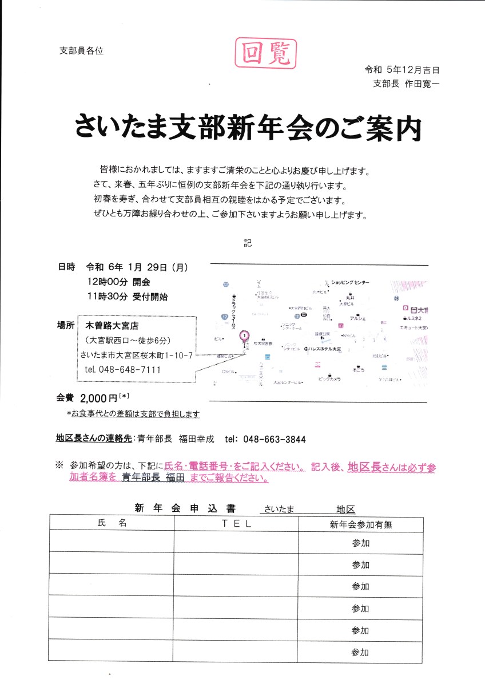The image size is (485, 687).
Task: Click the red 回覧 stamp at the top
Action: (x=266, y=53)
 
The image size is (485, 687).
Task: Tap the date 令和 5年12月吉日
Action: (x=403, y=70)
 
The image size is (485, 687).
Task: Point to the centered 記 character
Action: (x=247, y=242)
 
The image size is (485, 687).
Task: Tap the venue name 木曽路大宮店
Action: (x=112, y=326)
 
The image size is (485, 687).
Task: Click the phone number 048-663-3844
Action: (x=275, y=440)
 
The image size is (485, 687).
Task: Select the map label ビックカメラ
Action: (x=329, y=379)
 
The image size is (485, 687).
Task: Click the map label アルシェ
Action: (x=357, y=318)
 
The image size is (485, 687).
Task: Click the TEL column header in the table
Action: (x=236, y=523)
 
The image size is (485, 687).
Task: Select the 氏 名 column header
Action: (x=112, y=523)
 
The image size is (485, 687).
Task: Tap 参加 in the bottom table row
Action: (x=360, y=652)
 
